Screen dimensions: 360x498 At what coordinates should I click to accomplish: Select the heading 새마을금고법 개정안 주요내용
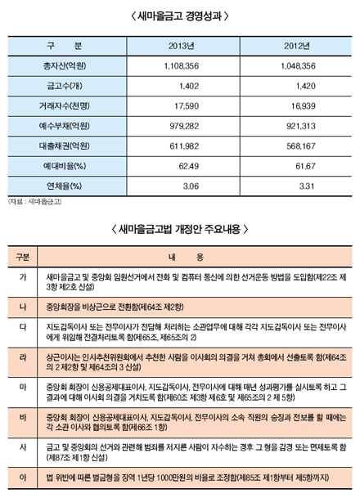pos(180,229)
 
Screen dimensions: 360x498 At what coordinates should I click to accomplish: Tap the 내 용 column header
pos(196,256)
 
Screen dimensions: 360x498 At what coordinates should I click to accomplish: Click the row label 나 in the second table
pos(22,305)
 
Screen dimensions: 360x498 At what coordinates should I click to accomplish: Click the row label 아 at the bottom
pos(22,476)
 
